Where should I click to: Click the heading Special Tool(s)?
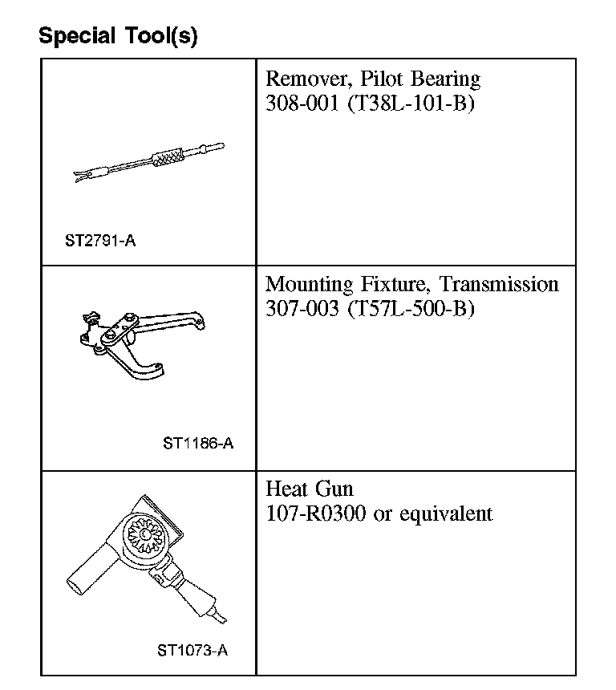(x=118, y=36)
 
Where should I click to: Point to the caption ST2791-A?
(x=100, y=240)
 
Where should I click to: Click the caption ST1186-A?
(x=198, y=443)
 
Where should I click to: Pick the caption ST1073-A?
(x=192, y=651)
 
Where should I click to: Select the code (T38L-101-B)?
(x=411, y=104)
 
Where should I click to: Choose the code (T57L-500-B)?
(x=411, y=309)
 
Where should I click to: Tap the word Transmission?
(x=499, y=285)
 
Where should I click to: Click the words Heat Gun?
(x=309, y=489)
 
